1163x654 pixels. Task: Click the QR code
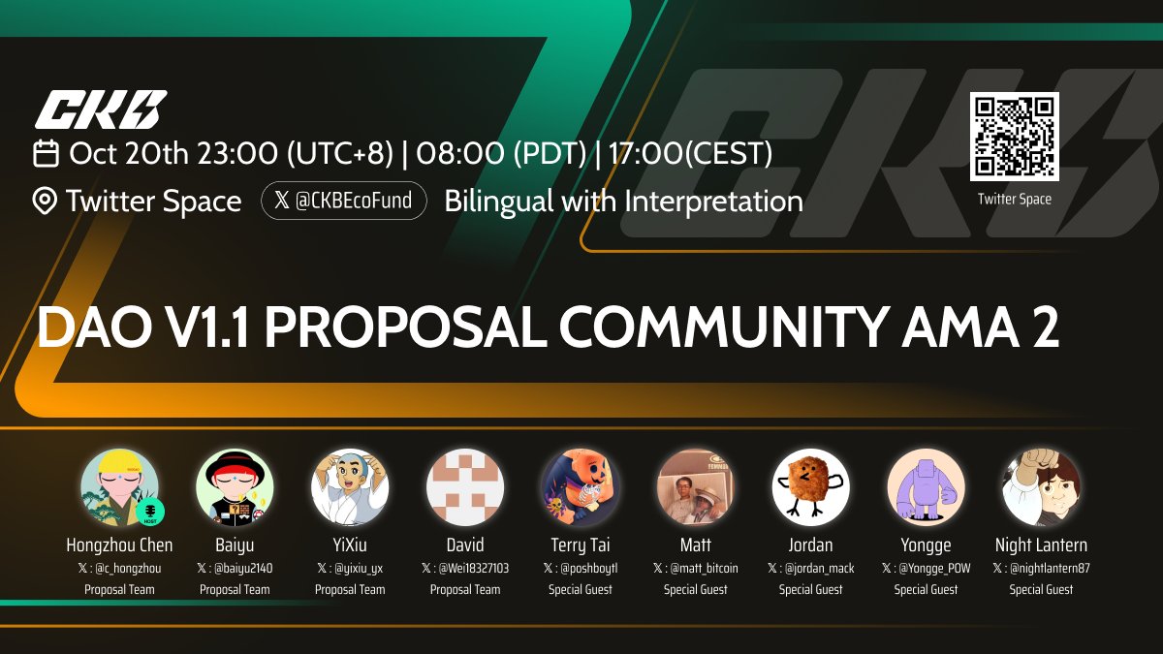tap(1014, 137)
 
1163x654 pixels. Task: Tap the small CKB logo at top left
tap(101, 109)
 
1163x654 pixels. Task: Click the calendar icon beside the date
tap(46, 153)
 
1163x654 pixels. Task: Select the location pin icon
tap(45, 202)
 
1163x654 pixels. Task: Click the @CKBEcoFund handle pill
tap(344, 201)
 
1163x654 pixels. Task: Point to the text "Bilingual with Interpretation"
tap(623, 202)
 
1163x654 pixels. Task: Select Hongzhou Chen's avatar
tap(119, 487)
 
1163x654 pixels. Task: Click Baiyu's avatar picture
tap(235, 487)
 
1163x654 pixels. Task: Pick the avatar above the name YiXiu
tap(350, 487)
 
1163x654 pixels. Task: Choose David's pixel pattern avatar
tap(465, 487)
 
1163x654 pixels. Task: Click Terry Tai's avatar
tap(581, 487)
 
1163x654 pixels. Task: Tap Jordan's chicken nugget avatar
tap(810, 487)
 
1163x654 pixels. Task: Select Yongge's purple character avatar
tap(926, 487)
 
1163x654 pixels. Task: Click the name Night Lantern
tap(1041, 545)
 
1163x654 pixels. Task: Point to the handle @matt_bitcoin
tap(701, 569)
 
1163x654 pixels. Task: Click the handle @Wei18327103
tap(471, 569)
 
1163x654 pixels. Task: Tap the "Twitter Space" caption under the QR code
tap(1014, 199)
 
